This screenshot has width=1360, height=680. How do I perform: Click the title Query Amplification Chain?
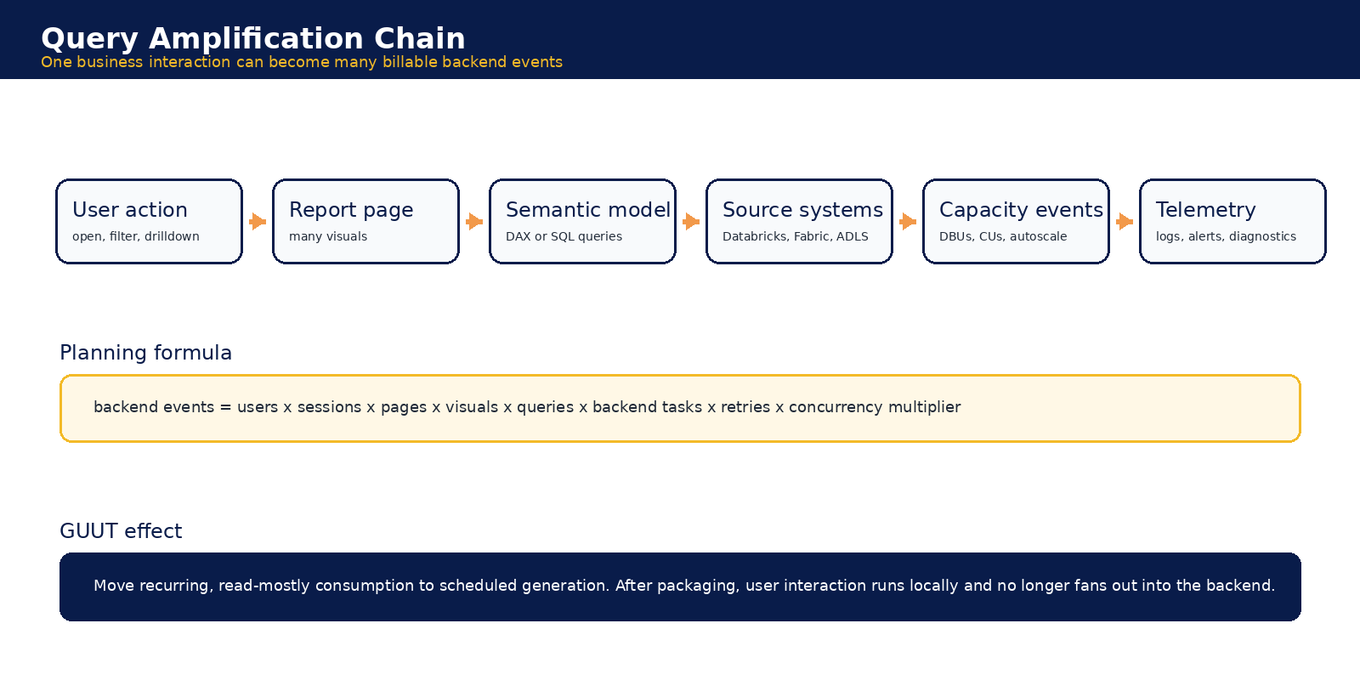pos(253,39)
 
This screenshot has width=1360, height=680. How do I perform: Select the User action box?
pos(150,222)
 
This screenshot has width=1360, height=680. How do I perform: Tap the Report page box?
pos(366,222)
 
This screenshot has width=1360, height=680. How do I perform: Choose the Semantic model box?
pos(583,222)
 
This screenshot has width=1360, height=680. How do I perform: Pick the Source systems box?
pos(800,222)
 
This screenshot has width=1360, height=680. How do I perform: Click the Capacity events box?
pos(1017,222)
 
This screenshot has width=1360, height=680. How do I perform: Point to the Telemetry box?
pos(1233,222)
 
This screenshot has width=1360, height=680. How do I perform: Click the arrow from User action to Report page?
pos(258,222)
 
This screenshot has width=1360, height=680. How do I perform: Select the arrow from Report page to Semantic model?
pos(475,222)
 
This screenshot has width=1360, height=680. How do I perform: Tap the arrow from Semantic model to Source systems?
pos(692,222)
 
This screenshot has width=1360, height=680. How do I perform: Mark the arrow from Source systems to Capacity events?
pos(909,222)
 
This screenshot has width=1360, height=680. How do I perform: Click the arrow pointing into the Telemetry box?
pos(1125,222)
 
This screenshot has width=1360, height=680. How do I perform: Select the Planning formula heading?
pos(145,353)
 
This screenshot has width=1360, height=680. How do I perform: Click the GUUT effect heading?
pos(121,531)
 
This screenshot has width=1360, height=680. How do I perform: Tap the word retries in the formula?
pos(745,407)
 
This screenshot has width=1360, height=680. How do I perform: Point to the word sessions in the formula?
pos(329,407)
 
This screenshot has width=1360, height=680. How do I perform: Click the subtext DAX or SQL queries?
pos(564,236)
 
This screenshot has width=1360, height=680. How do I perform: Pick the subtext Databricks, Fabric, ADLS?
pos(796,236)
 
